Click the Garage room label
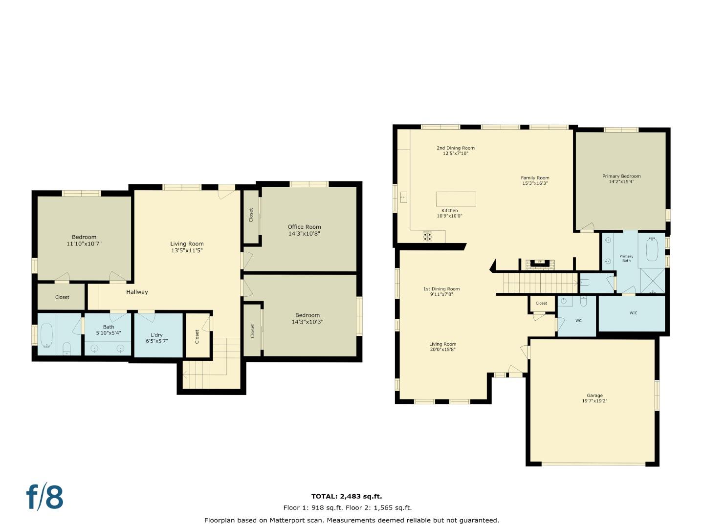click(594, 396)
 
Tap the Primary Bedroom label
click(621, 176)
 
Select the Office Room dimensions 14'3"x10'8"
click(304, 234)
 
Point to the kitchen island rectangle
click(456, 199)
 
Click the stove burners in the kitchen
click(427, 236)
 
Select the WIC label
click(633, 313)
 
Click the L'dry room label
click(156, 335)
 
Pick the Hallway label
click(137, 292)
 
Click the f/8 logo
click(45, 497)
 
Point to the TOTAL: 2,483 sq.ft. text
click(347, 496)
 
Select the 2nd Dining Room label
click(455, 148)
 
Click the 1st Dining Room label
click(441, 289)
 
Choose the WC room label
click(578, 321)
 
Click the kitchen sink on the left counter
click(403, 197)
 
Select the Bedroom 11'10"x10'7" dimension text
click(84, 243)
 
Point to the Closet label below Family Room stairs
click(541, 303)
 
